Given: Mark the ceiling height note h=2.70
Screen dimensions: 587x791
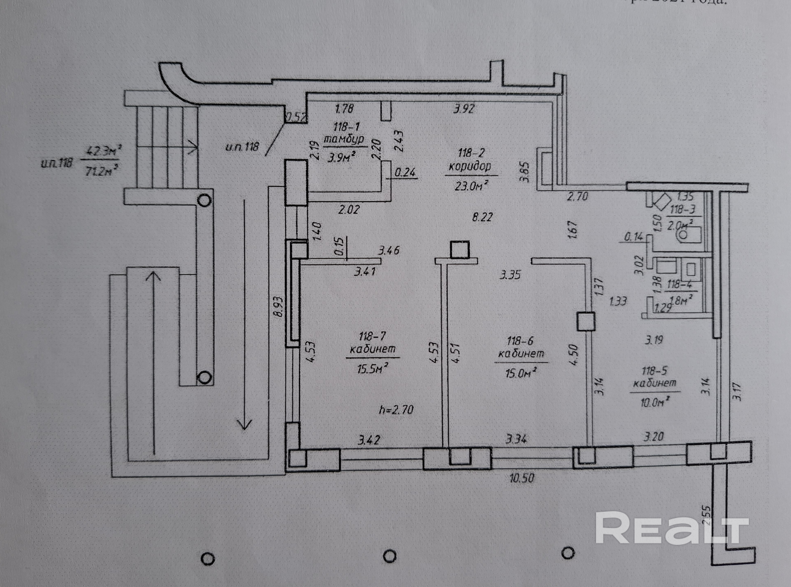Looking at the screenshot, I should (x=396, y=410).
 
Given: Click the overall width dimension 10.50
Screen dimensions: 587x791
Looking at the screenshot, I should (x=522, y=478).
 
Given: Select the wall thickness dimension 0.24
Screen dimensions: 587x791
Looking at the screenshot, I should (x=405, y=173).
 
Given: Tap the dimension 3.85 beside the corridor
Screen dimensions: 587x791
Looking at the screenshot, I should (x=525, y=172).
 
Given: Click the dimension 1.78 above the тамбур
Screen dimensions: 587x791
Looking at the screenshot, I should (x=344, y=108).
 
